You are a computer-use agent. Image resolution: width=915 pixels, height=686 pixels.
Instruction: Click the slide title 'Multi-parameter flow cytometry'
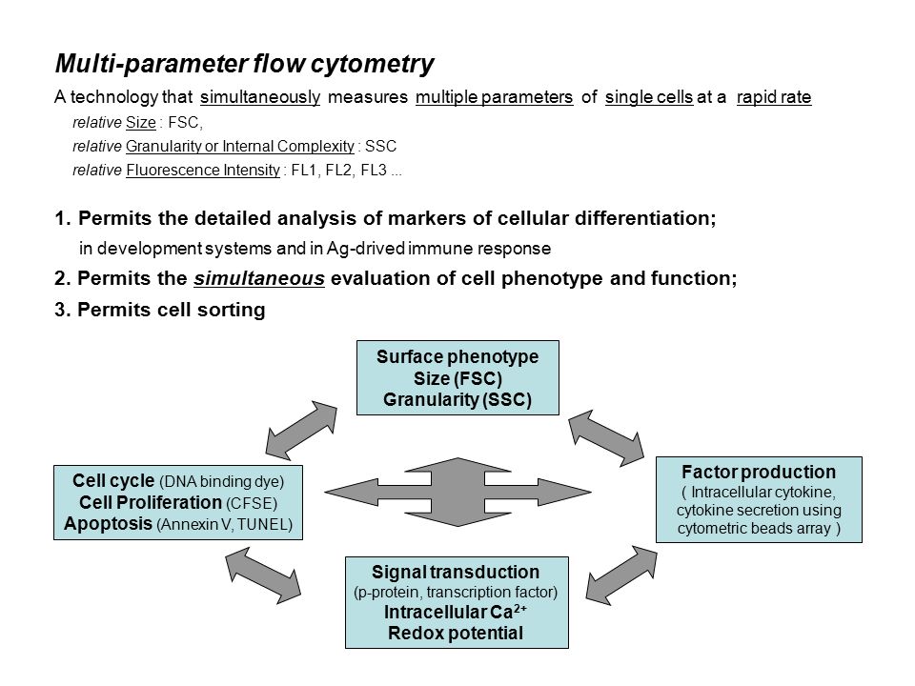tap(245, 64)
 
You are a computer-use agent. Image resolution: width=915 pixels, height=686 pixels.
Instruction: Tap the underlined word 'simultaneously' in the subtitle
tap(260, 97)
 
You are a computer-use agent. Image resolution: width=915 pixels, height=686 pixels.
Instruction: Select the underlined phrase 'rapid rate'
tap(774, 97)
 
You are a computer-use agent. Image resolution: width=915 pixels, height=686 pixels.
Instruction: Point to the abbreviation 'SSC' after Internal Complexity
tap(380, 146)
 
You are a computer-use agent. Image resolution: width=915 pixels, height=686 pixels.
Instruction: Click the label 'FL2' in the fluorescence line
tap(338, 170)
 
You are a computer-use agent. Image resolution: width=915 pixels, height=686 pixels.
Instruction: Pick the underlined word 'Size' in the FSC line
tap(141, 123)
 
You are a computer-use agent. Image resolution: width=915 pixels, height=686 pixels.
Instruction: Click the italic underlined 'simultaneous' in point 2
tap(259, 278)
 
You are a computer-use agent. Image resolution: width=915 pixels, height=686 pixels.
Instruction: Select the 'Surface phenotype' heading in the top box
tap(457, 356)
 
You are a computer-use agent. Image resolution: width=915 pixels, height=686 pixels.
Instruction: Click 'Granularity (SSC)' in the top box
tap(457, 399)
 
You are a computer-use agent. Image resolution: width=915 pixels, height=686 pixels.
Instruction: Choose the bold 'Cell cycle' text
tap(113, 480)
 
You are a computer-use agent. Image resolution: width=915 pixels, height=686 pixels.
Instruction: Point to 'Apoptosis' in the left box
tap(108, 523)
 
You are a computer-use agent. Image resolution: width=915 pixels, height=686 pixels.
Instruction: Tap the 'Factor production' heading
tap(759, 472)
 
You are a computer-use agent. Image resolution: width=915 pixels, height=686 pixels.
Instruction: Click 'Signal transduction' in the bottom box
tap(456, 572)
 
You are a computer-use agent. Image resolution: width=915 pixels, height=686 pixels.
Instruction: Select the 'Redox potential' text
tap(456, 633)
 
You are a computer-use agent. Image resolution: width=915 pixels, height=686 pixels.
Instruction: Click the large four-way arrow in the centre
tap(457, 492)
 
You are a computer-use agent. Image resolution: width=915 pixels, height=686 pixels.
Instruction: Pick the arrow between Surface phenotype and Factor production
tap(606, 437)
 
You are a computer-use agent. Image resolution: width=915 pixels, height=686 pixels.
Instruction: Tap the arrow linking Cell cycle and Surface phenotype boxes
tap(301, 430)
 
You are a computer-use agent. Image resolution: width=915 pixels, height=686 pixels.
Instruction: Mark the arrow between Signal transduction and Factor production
tap(620, 575)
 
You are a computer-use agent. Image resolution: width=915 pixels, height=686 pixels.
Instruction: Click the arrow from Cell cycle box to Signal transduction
tap(263, 575)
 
